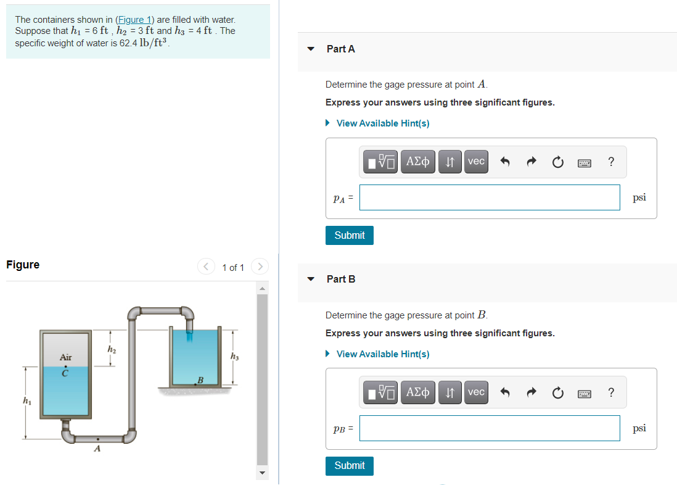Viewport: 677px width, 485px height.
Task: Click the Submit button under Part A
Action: (x=350, y=235)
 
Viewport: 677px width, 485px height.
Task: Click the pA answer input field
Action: (x=490, y=197)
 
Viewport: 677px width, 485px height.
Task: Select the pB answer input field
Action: (x=490, y=428)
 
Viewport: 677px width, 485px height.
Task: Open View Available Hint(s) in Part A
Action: (x=382, y=123)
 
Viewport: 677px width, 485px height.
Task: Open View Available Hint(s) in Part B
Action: (x=382, y=354)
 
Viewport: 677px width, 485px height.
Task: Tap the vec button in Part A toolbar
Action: (x=476, y=162)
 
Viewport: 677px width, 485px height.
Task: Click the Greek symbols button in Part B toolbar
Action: (x=419, y=392)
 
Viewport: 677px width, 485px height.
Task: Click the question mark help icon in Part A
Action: (x=610, y=162)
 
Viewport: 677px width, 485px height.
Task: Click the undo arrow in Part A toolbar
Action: (x=504, y=162)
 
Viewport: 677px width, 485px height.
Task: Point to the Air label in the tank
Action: (x=66, y=357)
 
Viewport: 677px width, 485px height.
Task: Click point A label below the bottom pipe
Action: (x=97, y=449)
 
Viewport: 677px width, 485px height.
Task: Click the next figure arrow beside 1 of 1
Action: (x=260, y=267)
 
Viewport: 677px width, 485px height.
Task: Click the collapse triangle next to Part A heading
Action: (x=311, y=49)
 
